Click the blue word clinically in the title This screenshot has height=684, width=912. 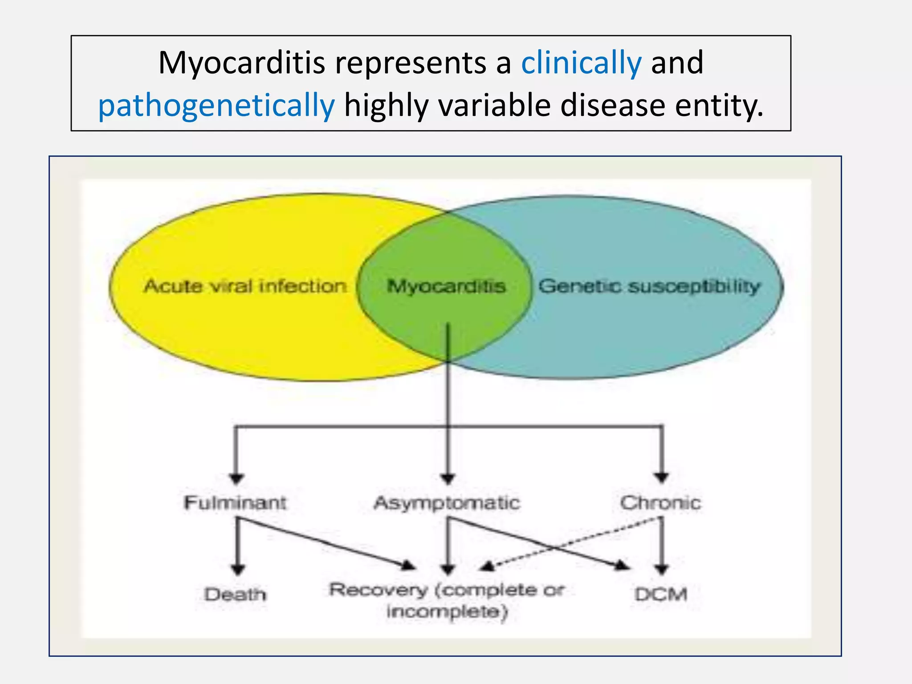pyautogui.click(x=581, y=63)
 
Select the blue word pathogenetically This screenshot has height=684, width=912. pyautogui.click(x=216, y=106)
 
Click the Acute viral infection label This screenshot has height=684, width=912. pyautogui.click(x=245, y=286)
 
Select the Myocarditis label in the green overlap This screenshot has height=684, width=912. pyautogui.click(x=446, y=286)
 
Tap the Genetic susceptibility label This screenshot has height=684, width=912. pyautogui.click(x=649, y=286)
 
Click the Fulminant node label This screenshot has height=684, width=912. pyautogui.click(x=235, y=503)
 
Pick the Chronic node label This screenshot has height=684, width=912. pyautogui.click(x=660, y=503)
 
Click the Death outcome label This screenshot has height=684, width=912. pyautogui.click(x=235, y=594)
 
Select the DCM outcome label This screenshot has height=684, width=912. pyautogui.click(x=661, y=594)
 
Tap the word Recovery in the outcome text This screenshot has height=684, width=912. pyautogui.click(x=379, y=590)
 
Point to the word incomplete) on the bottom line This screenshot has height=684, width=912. pyautogui.click(x=447, y=612)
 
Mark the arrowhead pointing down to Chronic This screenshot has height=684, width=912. pyautogui.click(x=662, y=478)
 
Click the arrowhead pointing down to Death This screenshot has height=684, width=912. pyautogui.click(x=238, y=570)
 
